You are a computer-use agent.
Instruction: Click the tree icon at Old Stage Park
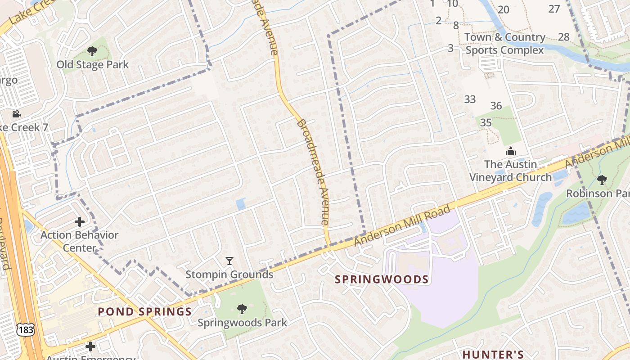coord(92,51)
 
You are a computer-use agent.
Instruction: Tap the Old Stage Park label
coord(92,65)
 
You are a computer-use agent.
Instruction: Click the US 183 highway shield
coord(23,329)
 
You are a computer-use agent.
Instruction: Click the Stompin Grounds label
coord(229,274)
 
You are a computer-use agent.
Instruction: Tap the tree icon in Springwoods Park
coord(242,309)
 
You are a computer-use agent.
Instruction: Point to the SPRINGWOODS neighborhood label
coord(382,279)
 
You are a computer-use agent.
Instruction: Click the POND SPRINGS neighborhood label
coord(145,311)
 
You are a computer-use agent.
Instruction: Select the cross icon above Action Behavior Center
coord(80,222)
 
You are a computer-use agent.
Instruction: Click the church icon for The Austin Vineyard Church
coord(510,151)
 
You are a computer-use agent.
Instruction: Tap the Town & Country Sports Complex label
coord(504,44)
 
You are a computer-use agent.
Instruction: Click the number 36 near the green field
coord(496,106)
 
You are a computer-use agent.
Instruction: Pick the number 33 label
coord(470,99)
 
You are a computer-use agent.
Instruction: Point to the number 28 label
coord(563,37)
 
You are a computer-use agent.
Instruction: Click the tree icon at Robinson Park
coord(602,180)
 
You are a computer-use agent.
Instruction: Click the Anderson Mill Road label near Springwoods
coord(402,225)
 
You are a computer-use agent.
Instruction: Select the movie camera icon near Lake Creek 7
coord(17,114)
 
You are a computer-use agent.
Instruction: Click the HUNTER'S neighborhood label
coord(493,355)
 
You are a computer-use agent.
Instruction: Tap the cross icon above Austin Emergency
coord(90,346)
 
